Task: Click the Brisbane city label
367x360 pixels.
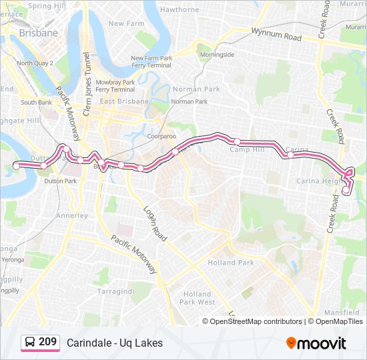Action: pyautogui.click(x=38, y=32)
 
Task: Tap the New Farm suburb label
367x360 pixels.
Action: pyautogui.click(x=126, y=23)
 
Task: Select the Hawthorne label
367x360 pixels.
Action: pyautogui.click(x=179, y=10)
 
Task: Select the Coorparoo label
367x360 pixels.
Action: pyautogui.click(x=161, y=136)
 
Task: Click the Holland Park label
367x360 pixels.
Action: pyautogui.click(x=231, y=263)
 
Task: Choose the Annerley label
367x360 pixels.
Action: pyautogui.click(x=72, y=216)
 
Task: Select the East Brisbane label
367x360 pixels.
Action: pyautogui.click(x=124, y=101)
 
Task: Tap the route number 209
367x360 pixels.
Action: pyautogui.click(x=47, y=342)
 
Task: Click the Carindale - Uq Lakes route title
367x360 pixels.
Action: pyautogui.click(x=115, y=343)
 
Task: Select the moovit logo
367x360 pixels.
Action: pyautogui.click(x=316, y=343)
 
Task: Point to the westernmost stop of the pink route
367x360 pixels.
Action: pyautogui.click(x=17, y=165)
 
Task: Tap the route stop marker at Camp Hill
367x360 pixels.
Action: pyautogui.click(x=237, y=141)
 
